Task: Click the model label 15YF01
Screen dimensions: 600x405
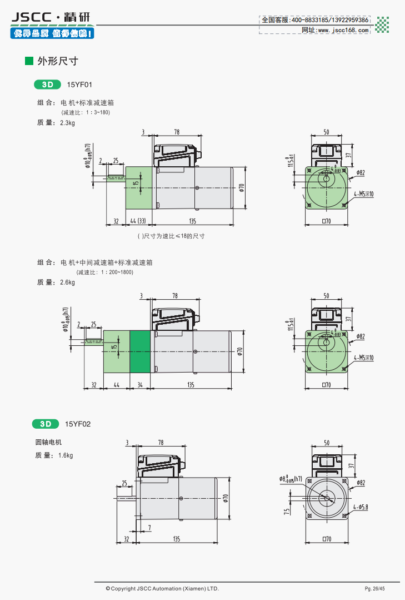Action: (x=79, y=85)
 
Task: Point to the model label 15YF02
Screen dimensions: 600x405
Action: (x=78, y=424)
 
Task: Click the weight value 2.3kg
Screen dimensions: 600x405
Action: (x=67, y=123)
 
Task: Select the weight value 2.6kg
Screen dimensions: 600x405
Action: (x=67, y=282)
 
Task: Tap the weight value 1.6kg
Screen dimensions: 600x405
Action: (x=66, y=455)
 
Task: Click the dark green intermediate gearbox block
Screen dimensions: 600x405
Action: (x=140, y=352)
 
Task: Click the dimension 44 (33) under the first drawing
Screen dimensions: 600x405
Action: (x=137, y=221)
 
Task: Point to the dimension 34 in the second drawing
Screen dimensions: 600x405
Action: (x=140, y=384)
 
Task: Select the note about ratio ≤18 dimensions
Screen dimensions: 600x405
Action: (x=171, y=236)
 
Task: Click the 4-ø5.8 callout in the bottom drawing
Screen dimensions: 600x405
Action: (x=361, y=507)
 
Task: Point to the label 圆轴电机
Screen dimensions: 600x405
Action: (x=48, y=443)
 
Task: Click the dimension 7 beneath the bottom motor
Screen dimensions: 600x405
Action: (x=149, y=527)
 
